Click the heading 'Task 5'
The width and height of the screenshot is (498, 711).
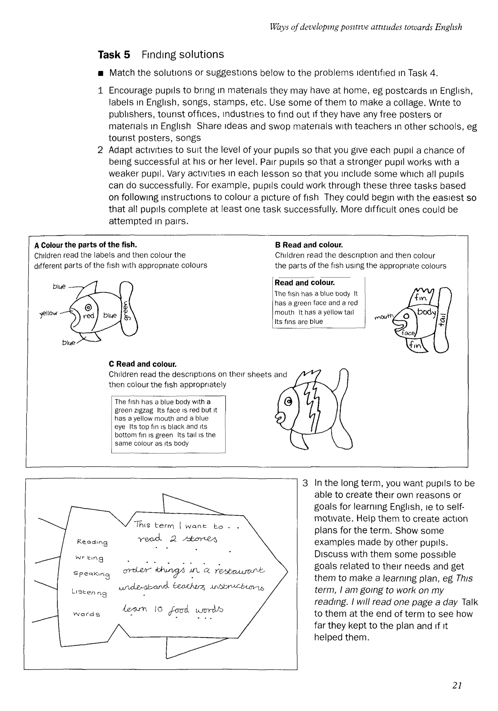click(x=114, y=55)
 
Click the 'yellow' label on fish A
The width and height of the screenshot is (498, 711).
click(x=49, y=313)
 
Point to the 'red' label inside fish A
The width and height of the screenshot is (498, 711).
click(x=89, y=316)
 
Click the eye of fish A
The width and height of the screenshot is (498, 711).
click(x=88, y=307)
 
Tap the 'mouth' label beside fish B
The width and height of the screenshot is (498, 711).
click(x=383, y=317)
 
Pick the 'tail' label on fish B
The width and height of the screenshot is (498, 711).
click(x=442, y=320)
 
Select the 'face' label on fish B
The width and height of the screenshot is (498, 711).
click(x=408, y=333)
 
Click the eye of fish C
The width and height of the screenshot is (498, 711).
click(x=288, y=402)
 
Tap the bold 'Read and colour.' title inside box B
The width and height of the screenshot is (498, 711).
click(x=304, y=283)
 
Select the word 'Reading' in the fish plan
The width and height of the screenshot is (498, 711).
click(x=92, y=542)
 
